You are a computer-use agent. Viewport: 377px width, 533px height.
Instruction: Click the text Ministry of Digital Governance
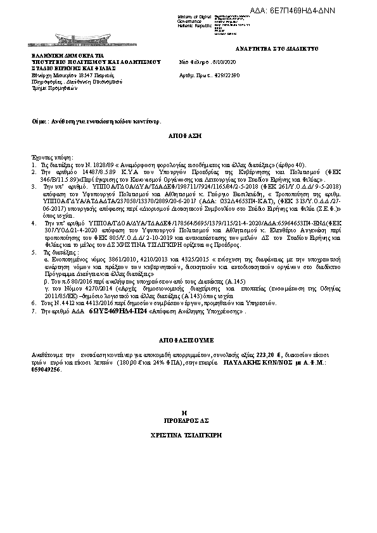tap(192, 17)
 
